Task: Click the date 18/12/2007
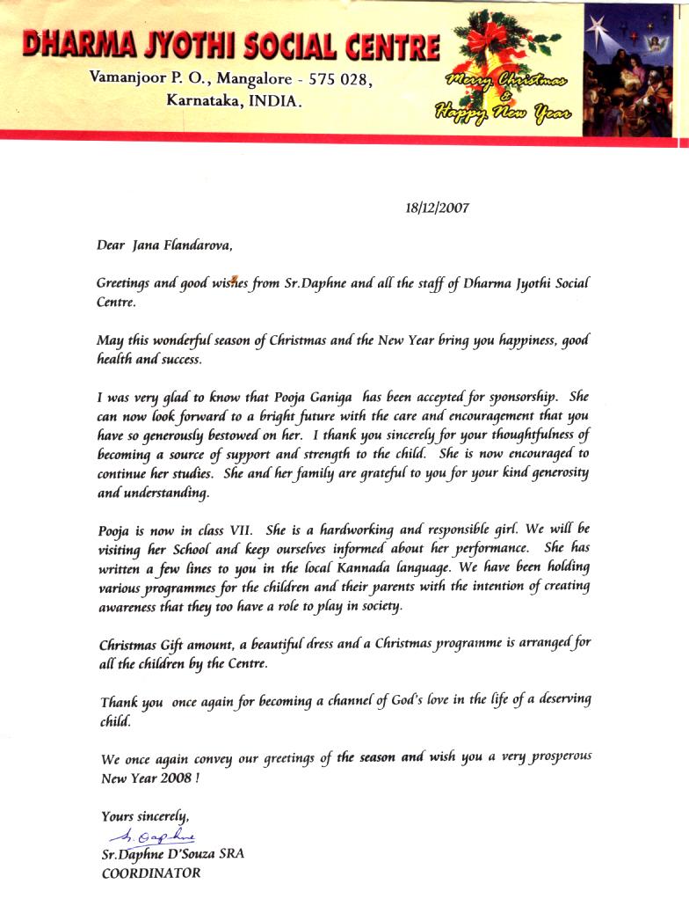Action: pyautogui.click(x=437, y=208)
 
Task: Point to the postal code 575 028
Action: pyautogui.click(x=337, y=79)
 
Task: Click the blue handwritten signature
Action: pyautogui.click(x=149, y=836)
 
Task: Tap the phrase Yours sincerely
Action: pyautogui.click(x=145, y=815)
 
